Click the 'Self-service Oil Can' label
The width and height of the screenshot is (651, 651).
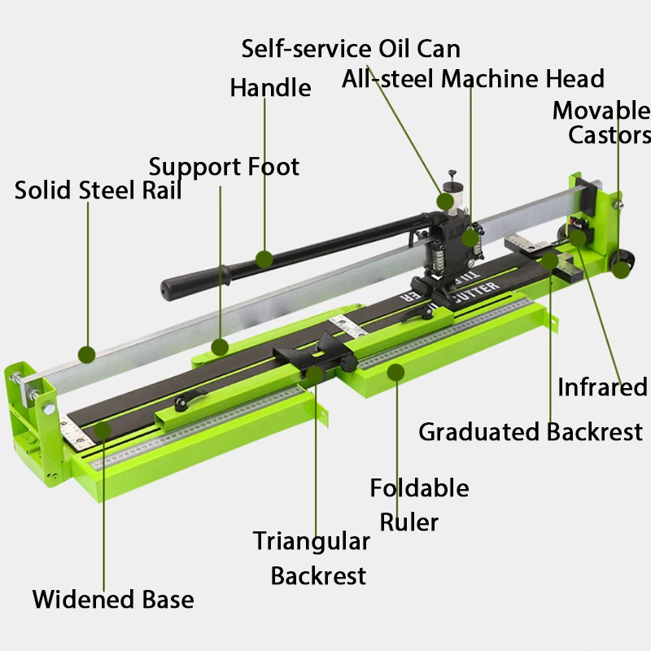(351, 49)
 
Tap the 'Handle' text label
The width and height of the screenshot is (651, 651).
(270, 88)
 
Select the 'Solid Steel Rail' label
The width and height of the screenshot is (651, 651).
(98, 190)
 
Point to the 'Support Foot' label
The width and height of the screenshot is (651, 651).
(224, 167)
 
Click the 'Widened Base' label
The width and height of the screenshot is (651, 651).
(113, 599)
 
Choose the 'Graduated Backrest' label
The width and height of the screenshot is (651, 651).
(531, 432)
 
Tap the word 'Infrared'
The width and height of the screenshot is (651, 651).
(602, 387)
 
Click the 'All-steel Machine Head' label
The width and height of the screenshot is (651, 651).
(473, 78)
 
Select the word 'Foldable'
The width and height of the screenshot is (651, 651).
(419, 487)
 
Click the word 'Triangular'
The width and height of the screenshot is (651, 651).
(312, 542)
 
